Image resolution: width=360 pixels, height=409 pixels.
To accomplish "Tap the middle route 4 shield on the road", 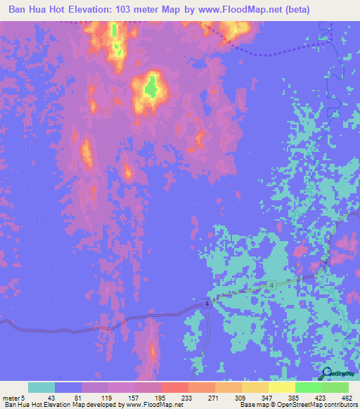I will pyautogui.click(x=269, y=284).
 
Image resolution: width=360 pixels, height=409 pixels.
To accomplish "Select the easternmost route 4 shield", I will pyautogui.click(x=325, y=261).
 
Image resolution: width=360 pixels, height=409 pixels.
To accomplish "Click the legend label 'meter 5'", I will pyautogui.click(x=12, y=398).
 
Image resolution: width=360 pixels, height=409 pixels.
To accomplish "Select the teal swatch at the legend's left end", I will pyautogui.click(x=41, y=387).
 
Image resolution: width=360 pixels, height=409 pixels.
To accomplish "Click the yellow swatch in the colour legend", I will pyautogui.click(x=281, y=387).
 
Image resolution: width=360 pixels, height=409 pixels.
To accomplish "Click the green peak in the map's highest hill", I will pyautogui.click(x=150, y=89).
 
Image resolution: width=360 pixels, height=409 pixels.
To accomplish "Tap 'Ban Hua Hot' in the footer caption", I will pyautogui.click(x=21, y=405).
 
